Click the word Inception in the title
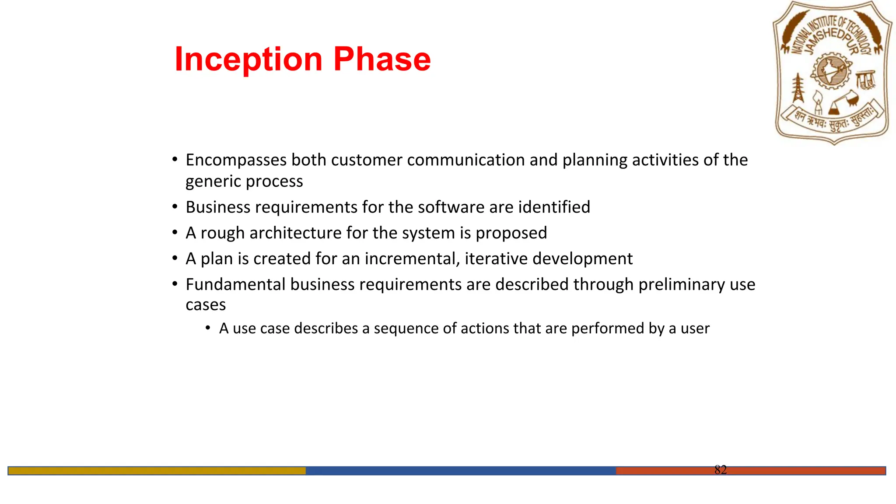click(248, 59)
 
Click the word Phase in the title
click(382, 59)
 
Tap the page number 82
click(720, 469)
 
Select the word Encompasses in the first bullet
click(236, 160)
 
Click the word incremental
click(412, 259)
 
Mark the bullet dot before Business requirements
click(175, 207)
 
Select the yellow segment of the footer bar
click(157, 471)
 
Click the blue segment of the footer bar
click(460, 471)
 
